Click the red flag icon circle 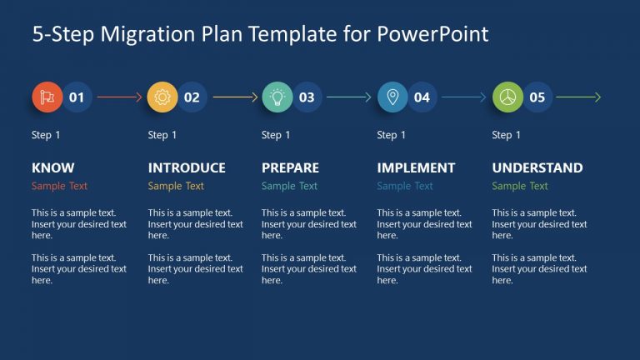(47, 97)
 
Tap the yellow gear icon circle (162, 97)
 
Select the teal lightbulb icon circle (277, 97)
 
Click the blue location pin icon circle (392, 97)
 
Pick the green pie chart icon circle (507, 97)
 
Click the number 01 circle (77, 97)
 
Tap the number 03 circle (307, 97)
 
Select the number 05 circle (537, 97)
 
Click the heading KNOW (52, 167)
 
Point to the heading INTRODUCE (187, 167)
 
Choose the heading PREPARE (290, 167)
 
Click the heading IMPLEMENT (416, 167)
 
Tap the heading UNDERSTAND (537, 167)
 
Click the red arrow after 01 (119, 97)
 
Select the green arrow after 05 (578, 97)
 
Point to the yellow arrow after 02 (235, 97)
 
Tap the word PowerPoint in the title (432, 34)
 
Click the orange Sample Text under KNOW (59, 186)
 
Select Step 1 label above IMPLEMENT (392, 135)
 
